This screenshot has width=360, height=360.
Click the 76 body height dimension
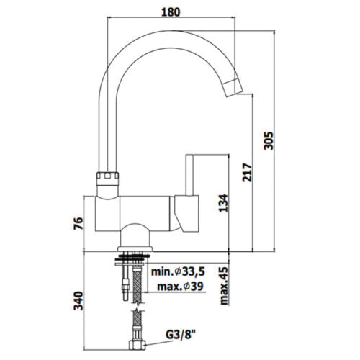(79, 223)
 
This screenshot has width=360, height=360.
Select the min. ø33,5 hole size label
(179, 272)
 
